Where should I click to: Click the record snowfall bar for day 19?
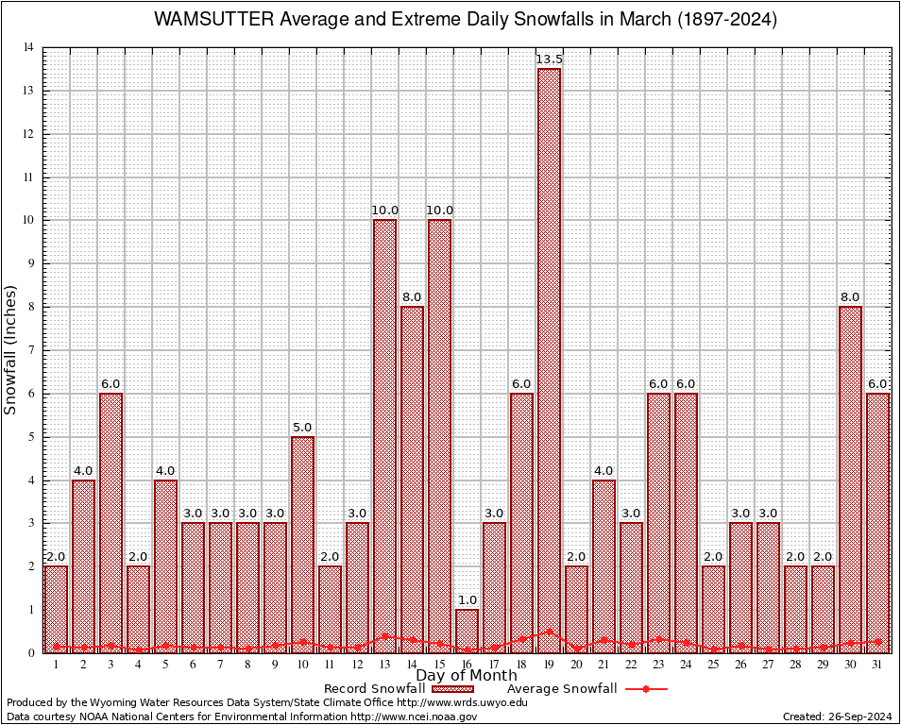549,359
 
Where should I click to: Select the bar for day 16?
467,631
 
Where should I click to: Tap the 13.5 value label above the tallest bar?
549,59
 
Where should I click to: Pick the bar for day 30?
850,480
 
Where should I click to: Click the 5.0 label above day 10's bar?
302,428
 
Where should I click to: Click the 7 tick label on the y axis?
30,350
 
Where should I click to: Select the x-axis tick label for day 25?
713,665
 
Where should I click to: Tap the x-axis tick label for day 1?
56,665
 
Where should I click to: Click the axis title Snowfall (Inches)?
11,348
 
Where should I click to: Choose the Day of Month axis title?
466,675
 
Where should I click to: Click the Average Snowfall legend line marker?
646,689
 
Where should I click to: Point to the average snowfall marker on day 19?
549,632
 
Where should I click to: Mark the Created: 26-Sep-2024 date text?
838,717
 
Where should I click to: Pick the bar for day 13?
384,434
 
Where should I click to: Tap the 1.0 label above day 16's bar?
467,600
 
